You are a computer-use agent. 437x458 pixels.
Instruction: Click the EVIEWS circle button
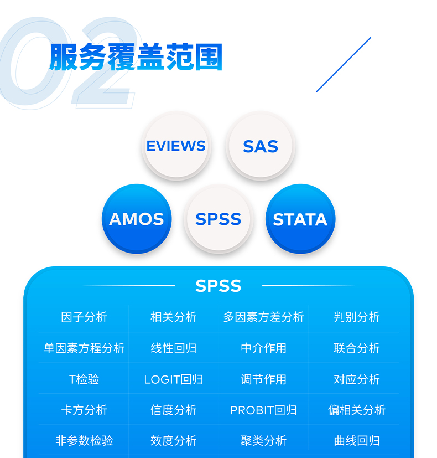[176, 146]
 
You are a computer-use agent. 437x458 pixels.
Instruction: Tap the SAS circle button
[261, 146]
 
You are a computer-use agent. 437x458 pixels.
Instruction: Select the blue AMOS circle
[137, 219]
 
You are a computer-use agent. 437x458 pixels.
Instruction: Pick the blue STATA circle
[300, 219]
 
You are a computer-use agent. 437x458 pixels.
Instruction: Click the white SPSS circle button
[218, 219]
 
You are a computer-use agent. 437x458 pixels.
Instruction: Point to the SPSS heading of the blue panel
[218, 286]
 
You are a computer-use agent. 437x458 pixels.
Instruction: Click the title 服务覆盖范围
[136, 57]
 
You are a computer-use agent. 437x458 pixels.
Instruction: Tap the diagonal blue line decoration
[344, 65]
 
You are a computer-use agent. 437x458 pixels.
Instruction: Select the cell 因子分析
[84, 317]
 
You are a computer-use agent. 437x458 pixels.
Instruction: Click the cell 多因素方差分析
[264, 317]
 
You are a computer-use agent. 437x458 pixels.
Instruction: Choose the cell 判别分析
[357, 317]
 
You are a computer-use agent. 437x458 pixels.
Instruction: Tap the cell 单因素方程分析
[84, 348]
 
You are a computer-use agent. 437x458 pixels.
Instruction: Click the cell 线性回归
[174, 348]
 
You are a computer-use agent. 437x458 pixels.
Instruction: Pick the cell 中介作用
[264, 348]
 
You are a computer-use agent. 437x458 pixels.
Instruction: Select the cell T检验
[84, 379]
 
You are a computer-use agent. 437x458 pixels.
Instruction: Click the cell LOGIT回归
[174, 379]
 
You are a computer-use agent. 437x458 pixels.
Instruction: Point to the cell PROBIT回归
[264, 410]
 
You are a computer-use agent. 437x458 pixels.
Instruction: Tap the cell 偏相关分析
[357, 410]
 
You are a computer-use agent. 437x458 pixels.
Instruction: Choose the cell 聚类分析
[264, 440]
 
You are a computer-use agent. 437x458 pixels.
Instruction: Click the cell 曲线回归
[357, 440]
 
